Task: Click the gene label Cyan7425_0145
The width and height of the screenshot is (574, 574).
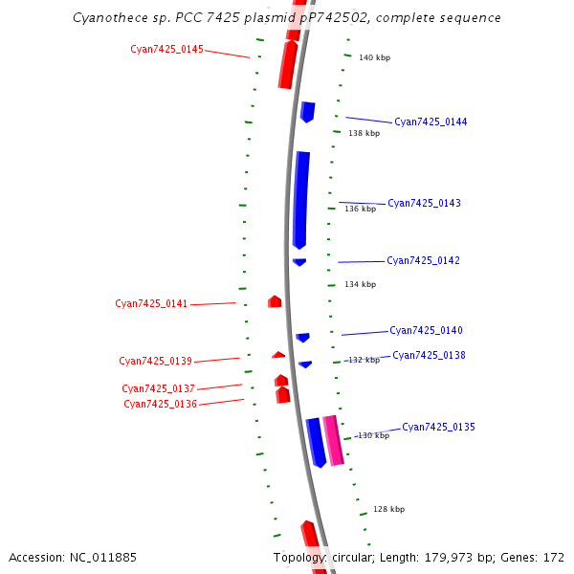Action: pos(166,49)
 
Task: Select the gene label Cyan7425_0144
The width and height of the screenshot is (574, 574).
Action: pos(430,122)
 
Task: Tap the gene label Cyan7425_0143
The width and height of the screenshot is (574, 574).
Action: pos(424,203)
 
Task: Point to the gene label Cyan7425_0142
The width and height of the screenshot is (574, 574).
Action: pos(423,260)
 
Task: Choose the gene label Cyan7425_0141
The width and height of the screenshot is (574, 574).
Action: pos(151,303)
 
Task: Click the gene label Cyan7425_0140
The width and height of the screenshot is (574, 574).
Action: pos(426,330)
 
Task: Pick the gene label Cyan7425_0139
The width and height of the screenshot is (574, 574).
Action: pos(155,361)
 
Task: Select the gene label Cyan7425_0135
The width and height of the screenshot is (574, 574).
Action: pos(438,427)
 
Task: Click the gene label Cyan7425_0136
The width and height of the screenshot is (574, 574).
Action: pos(160,404)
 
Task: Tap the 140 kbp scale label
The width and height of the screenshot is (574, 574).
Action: pos(374,58)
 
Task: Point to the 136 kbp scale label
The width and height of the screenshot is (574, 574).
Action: pos(361,209)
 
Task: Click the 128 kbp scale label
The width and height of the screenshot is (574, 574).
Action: pos(388,510)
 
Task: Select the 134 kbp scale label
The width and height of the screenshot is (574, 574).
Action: pos(361,284)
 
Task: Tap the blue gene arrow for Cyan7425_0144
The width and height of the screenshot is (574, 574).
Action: pos(307,111)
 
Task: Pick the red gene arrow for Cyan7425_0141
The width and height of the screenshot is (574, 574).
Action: pos(275,301)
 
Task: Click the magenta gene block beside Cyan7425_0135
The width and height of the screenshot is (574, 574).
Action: pos(333,440)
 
